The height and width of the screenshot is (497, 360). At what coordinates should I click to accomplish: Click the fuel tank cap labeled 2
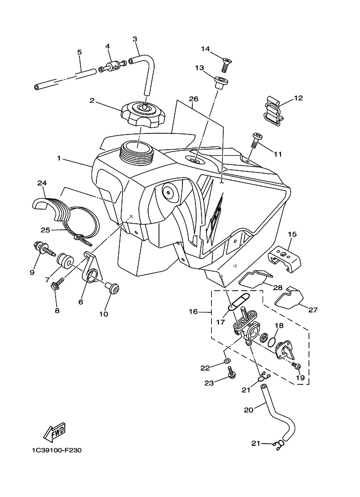(143, 113)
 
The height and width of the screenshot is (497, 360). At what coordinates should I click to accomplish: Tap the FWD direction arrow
(54, 432)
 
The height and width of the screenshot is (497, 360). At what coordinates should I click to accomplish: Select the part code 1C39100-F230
(57, 450)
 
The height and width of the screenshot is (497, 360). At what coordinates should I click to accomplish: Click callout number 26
(193, 99)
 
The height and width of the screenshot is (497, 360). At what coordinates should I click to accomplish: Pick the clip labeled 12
(273, 111)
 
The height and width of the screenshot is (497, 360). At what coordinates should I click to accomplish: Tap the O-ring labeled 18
(271, 342)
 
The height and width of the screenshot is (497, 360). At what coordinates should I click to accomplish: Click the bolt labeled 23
(232, 372)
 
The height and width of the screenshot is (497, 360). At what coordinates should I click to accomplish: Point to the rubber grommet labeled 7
(63, 259)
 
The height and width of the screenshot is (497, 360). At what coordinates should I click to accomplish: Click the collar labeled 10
(113, 287)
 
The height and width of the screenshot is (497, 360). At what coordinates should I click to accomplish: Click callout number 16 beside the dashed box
(193, 311)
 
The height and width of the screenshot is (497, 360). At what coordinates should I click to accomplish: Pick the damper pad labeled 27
(289, 297)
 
